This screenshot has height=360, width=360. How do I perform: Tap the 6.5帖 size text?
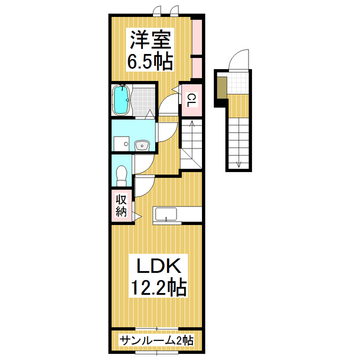tap(150, 61)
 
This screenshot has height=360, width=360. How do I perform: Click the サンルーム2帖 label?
tap(157, 341)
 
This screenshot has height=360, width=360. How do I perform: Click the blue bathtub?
tap(121, 100)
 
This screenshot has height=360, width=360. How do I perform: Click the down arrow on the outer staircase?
tap(238, 163)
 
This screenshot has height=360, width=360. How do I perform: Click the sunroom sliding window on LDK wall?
tap(157, 328)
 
